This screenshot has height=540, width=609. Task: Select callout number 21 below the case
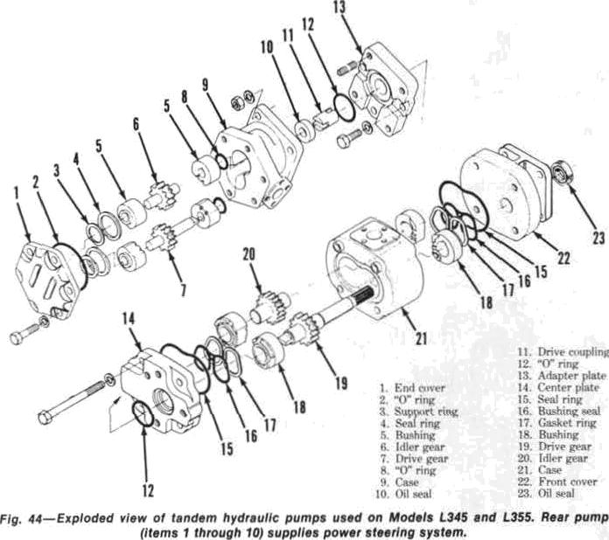coord(421,339)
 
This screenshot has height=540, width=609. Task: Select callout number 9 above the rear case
coord(205,84)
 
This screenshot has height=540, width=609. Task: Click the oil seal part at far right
coord(563,171)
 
